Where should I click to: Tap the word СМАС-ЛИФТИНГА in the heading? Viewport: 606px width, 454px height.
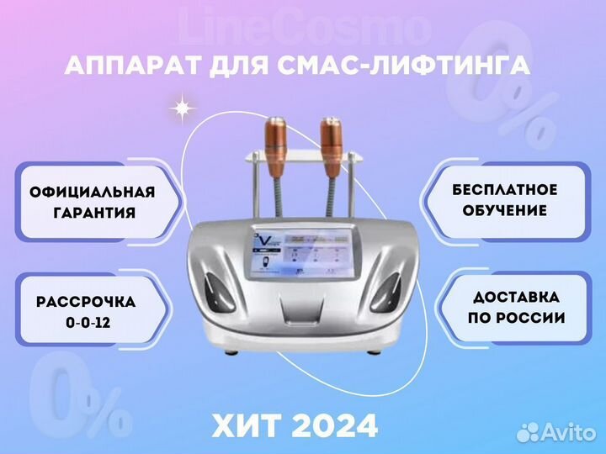pyautogui.click(x=403, y=66)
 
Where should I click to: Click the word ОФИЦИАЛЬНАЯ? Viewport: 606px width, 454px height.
pyautogui.click(x=93, y=192)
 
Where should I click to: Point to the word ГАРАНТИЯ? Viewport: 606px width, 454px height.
pyautogui.click(x=94, y=213)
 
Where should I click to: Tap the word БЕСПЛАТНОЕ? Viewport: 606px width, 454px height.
pyautogui.click(x=505, y=190)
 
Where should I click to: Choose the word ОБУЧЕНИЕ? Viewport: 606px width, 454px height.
pyautogui.click(x=505, y=211)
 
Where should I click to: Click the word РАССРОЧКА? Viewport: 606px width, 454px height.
pyautogui.click(x=86, y=302)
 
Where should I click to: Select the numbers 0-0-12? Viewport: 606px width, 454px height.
pyautogui.click(x=88, y=322)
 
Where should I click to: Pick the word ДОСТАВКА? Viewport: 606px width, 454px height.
pyautogui.click(x=516, y=298)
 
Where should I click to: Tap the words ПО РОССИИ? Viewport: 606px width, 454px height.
pyautogui.click(x=516, y=318)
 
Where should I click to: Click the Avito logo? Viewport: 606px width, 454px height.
pyautogui.click(x=556, y=431)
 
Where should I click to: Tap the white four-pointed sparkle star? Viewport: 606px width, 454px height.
pyautogui.click(x=181, y=109)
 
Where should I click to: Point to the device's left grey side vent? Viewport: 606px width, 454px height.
pyautogui.click(x=216, y=293)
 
